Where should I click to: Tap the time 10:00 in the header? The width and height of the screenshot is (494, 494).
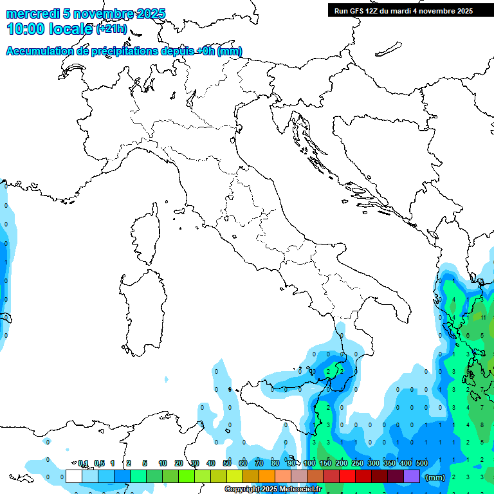[x=26, y=29]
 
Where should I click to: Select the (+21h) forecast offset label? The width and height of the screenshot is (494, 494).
[x=111, y=29]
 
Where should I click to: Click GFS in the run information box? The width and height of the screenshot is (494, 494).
[x=355, y=10]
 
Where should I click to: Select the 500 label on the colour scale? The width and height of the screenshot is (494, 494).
[x=422, y=463]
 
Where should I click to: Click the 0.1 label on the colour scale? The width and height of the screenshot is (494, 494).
[x=83, y=463]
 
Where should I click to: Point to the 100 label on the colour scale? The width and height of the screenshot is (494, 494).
[x=309, y=463]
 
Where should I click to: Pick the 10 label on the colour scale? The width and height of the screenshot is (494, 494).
[x=163, y=463]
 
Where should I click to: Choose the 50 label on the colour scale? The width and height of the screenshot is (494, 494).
[x=227, y=463]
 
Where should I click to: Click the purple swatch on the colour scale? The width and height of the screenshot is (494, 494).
[x=412, y=476]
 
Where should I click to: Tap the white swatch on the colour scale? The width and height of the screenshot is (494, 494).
[x=74, y=476]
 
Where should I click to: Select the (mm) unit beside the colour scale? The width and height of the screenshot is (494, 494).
[x=435, y=477]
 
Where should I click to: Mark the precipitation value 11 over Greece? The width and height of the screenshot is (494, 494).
[x=483, y=317]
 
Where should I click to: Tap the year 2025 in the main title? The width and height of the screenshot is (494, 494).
[x=149, y=14]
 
